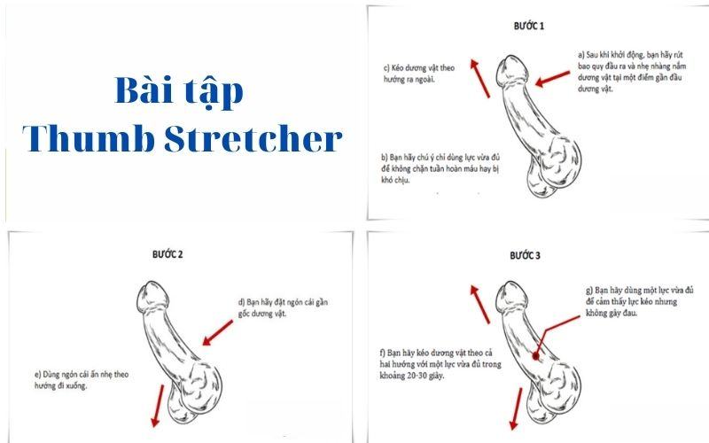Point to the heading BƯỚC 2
point(168,253)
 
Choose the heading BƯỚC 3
point(526,255)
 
